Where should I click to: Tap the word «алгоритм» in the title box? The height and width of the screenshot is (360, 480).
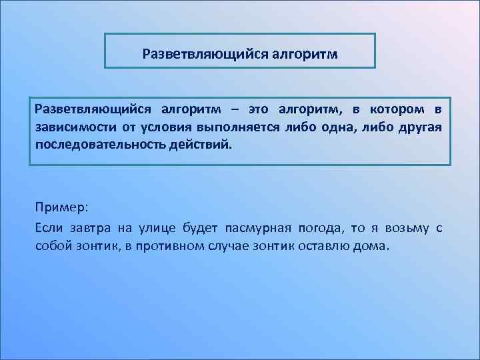305,53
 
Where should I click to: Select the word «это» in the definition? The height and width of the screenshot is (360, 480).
259,109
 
